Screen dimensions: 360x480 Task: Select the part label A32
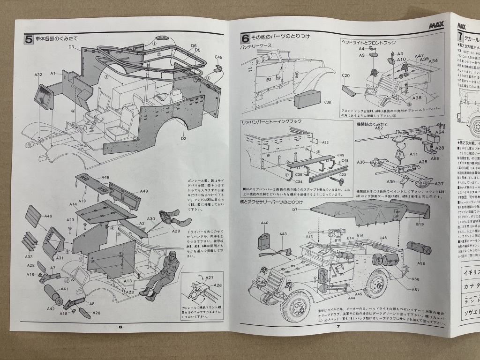point(38,74)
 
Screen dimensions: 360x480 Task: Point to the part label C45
point(218,58)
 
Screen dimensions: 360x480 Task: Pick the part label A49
point(143,191)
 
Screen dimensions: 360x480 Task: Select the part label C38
point(327,102)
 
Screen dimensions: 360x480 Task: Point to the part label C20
point(346,75)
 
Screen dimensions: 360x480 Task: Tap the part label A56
point(421,263)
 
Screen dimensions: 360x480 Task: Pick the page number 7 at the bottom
point(337,327)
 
